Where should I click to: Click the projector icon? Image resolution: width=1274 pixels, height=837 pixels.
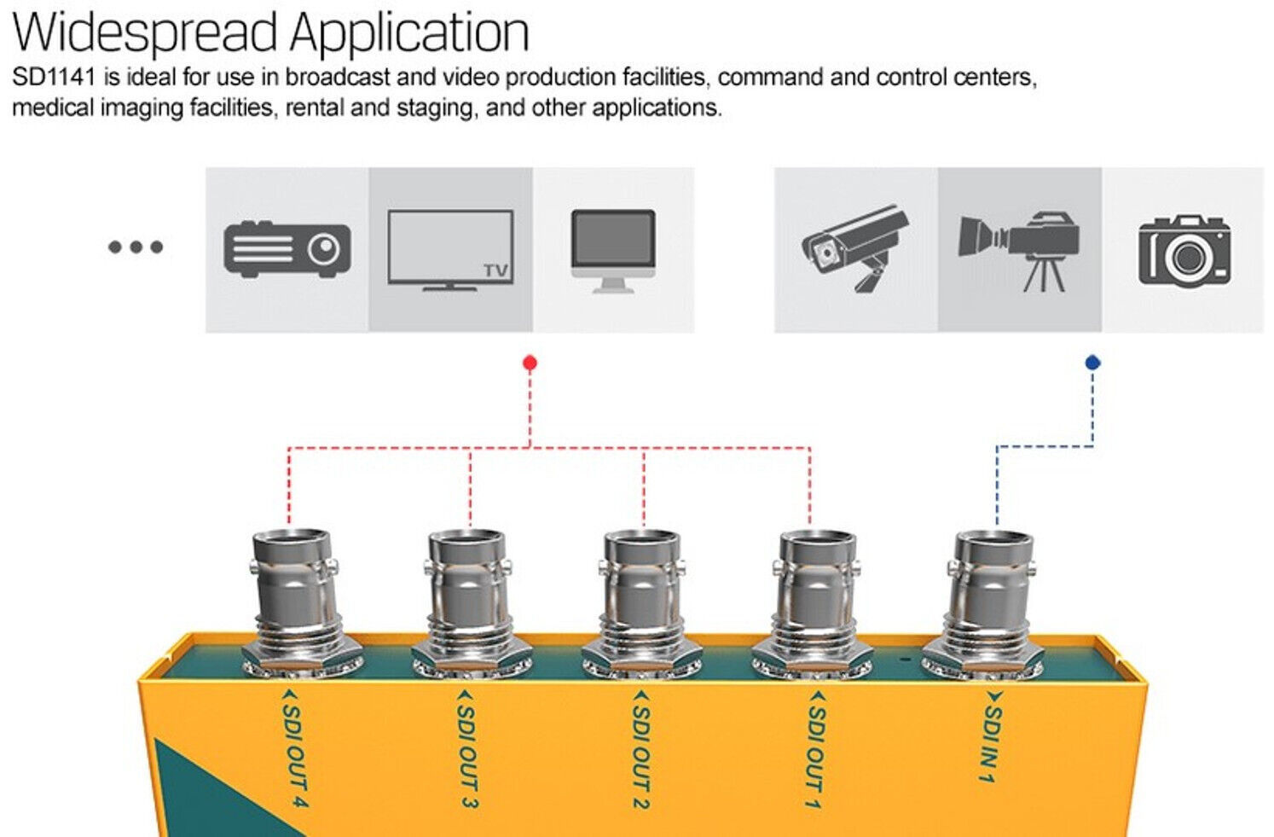click(287, 249)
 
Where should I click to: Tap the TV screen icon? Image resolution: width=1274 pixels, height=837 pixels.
click(450, 250)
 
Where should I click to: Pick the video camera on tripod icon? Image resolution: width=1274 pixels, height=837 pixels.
click(1020, 249)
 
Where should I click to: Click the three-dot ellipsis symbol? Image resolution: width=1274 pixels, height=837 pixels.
click(135, 247)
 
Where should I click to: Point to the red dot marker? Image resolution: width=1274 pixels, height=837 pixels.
click(530, 363)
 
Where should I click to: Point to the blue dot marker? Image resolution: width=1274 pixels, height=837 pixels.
click(1092, 363)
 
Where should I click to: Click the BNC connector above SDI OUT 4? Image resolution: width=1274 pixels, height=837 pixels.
click(292, 597)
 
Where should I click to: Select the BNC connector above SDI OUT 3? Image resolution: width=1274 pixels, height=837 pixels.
click(467, 597)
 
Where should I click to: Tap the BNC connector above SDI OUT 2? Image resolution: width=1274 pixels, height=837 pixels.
click(641, 597)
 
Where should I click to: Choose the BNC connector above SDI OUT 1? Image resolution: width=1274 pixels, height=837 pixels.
click(816, 597)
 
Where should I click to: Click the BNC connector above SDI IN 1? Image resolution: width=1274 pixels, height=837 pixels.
click(992, 597)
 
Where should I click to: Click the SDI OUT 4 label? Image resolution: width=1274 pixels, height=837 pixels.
click(294, 749)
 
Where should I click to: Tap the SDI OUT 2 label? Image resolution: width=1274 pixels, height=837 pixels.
click(641, 749)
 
